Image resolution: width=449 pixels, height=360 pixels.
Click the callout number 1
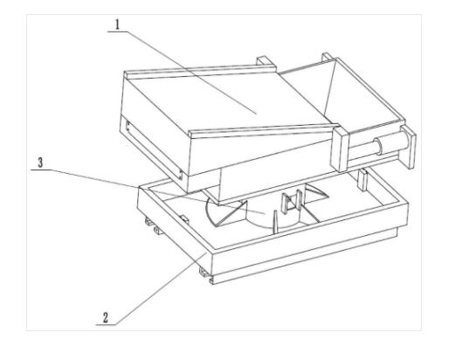[x=117, y=24]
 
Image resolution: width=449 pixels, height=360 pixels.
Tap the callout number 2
[x=106, y=317]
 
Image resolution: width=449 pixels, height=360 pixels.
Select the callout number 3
[x=40, y=163]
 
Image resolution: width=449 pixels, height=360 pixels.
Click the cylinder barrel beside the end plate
[x=391, y=143]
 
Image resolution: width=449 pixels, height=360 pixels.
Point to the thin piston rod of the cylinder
[x=361, y=150]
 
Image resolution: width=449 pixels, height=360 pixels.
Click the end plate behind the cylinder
[x=409, y=148]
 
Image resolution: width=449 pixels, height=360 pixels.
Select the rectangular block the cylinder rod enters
[x=339, y=149]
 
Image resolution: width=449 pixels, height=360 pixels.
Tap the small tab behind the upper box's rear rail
[x=265, y=61]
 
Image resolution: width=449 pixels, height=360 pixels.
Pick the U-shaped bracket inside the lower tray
[x=291, y=202]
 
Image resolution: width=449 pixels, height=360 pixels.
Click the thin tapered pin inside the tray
[x=275, y=222]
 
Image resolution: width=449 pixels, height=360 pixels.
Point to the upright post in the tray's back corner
[x=363, y=180]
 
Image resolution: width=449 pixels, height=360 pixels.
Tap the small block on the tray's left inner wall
[x=183, y=220]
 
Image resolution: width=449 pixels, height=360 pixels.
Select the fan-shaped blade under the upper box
[x=225, y=211]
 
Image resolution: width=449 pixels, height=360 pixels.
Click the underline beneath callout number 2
[x=106, y=325]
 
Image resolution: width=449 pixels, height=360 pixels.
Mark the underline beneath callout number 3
[x=41, y=170]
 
